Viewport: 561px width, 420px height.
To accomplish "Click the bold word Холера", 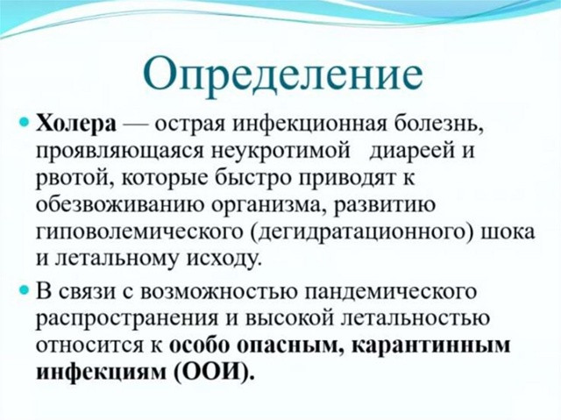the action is coord(76,125).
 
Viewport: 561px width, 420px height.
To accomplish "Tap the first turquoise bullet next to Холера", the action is coord(24,124).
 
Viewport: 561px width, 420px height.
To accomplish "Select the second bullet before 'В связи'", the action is coord(24,289).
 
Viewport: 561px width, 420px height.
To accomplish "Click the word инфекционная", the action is coord(309,125).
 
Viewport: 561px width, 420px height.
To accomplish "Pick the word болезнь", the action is coord(438,125).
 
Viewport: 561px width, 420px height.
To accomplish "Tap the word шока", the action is coord(508,231).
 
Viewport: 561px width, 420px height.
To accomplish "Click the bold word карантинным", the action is coord(430,345).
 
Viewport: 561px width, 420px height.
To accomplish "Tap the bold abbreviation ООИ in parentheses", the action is coord(214,372).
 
